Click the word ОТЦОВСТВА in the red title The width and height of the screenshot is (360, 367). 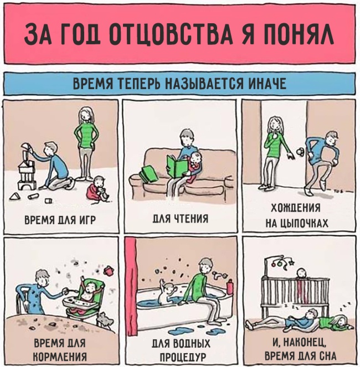(171, 34)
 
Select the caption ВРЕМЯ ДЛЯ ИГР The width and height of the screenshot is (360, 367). (60, 220)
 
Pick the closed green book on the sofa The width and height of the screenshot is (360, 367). (148, 173)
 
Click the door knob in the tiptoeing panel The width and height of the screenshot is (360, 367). (300, 152)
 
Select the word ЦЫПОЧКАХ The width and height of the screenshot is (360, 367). (304, 224)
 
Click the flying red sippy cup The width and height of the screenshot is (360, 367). (109, 271)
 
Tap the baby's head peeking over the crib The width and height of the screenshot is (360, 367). (301, 273)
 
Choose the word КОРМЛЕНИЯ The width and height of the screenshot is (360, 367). (60, 357)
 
